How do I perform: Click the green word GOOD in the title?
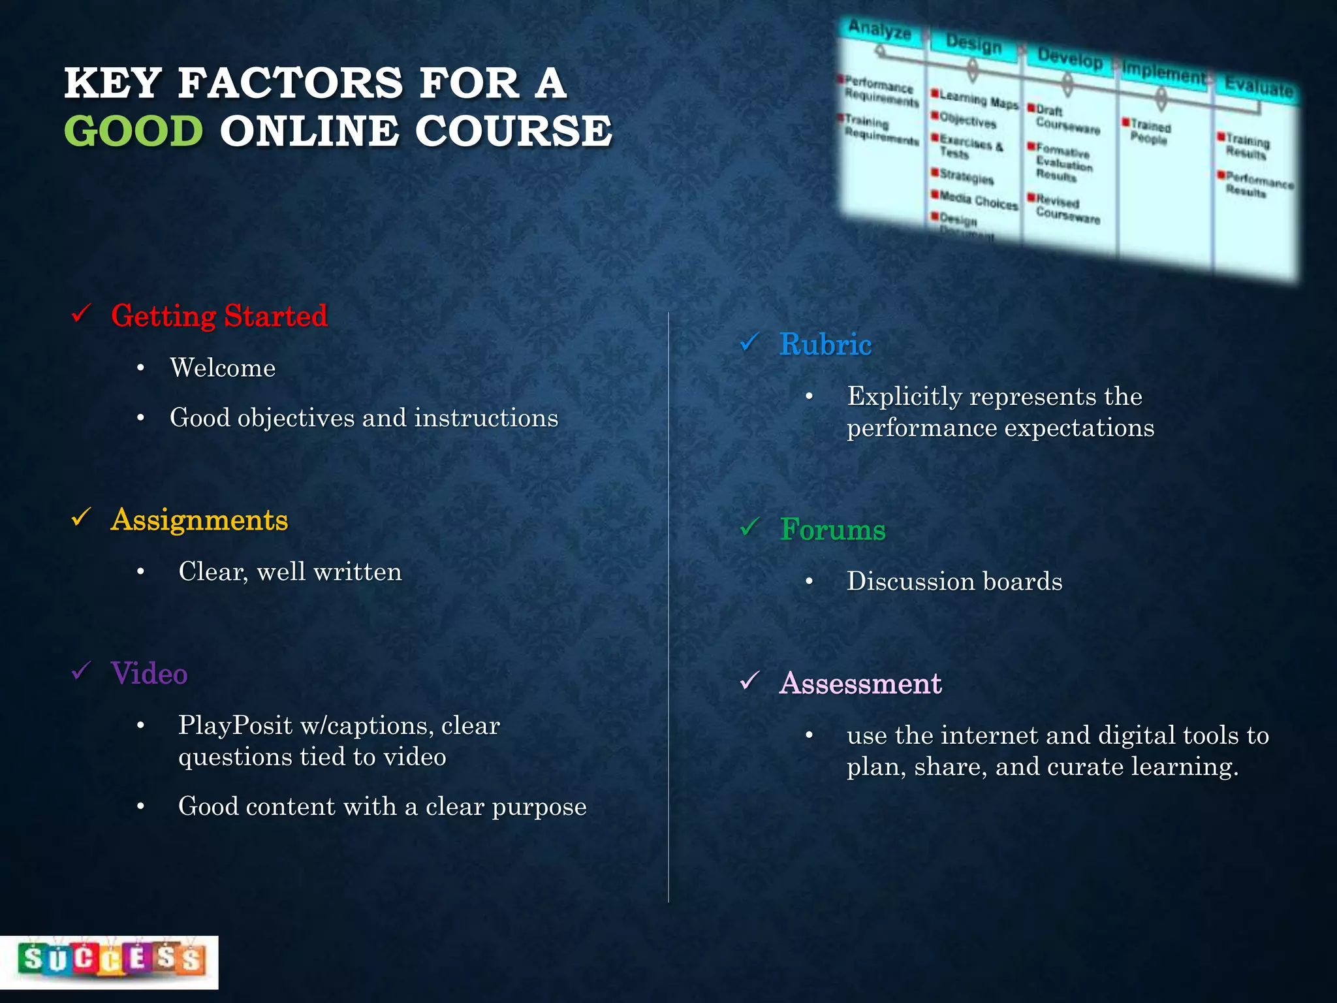point(134,131)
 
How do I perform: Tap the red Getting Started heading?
point(219,316)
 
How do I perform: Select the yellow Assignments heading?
point(199,520)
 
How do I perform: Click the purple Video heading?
point(149,674)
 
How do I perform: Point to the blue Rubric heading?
point(825,345)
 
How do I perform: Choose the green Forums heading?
point(832,530)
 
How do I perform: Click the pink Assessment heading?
point(860,684)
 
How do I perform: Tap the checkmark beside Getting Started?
point(81,314)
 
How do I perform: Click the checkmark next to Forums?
point(749,527)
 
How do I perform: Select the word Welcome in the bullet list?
point(223,368)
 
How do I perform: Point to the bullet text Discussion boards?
point(954,581)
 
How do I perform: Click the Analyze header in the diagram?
point(879,30)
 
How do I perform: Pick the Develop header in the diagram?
point(1069,59)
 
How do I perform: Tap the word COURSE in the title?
point(513,131)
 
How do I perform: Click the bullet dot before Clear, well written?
point(140,572)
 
